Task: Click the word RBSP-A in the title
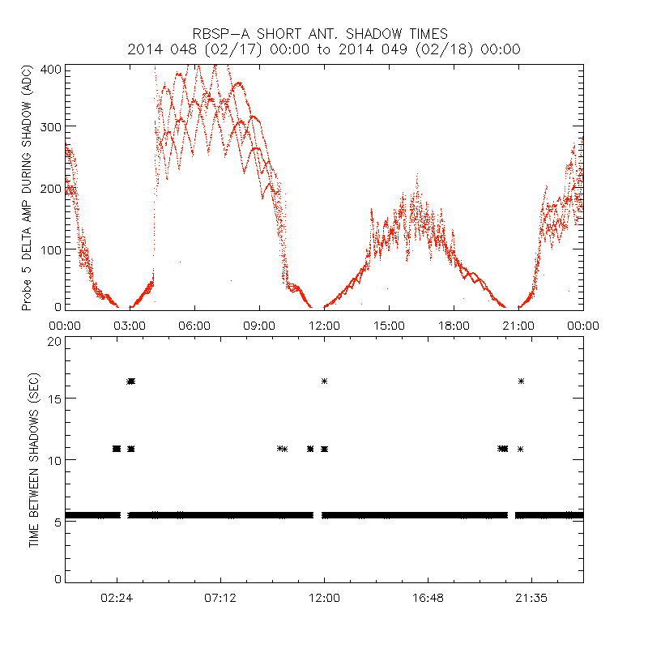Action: point(217,33)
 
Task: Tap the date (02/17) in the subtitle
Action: point(235,49)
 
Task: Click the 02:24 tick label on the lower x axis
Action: point(117,598)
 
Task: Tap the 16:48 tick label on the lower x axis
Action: point(427,598)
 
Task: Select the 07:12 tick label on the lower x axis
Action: point(220,598)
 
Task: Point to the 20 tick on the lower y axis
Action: point(53,341)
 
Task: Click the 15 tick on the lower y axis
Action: point(53,399)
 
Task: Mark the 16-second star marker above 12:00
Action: point(324,381)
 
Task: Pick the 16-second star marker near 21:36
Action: point(521,381)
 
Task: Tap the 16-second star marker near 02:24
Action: point(131,381)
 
